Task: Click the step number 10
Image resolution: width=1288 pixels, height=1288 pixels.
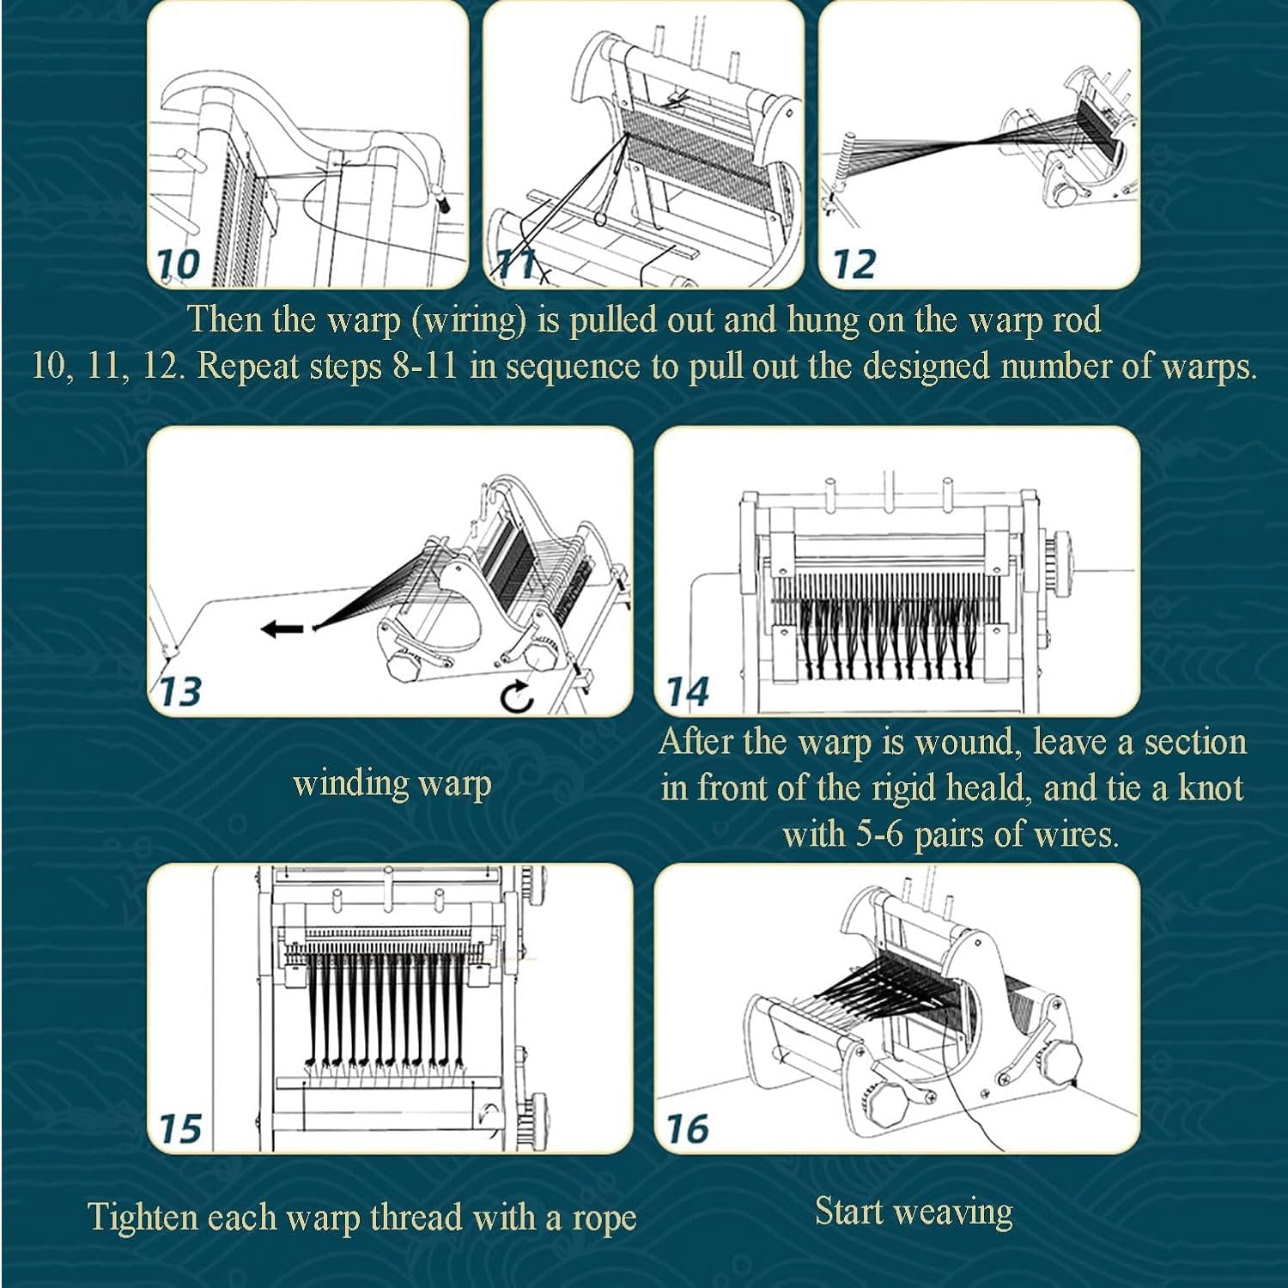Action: [x=179, y=264]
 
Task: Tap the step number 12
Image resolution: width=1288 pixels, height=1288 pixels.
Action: [x=854, y=264]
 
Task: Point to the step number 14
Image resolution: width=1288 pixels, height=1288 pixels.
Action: [x=688, y=691]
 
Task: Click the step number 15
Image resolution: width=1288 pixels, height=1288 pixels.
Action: [x=180, y=1128]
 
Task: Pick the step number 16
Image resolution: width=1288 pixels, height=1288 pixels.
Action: [x=687, y=1128]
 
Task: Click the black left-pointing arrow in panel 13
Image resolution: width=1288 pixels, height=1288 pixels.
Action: [x=283, y=629]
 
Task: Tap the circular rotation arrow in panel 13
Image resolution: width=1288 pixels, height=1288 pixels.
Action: [x=518, y=697]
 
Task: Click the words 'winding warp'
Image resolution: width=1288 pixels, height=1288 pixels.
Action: [x=392, y=783]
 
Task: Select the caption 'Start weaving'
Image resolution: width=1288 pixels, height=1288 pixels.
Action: [x=914, y=1212]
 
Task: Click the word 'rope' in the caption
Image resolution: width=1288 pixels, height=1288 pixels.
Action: [x=604, y=1218]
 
